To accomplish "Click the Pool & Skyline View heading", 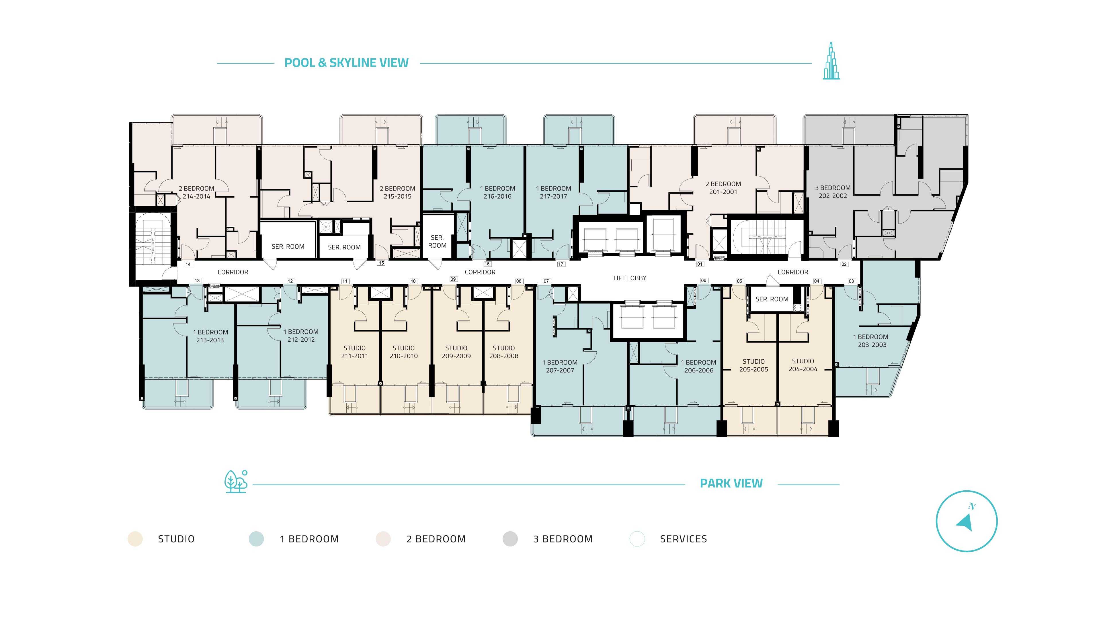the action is point(346,63).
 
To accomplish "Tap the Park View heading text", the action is point(731,483).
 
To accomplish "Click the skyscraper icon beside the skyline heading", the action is point(831,61).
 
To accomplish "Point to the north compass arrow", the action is point(965,522).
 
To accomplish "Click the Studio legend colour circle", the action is point(135,539).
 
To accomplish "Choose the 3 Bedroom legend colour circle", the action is point(510,539).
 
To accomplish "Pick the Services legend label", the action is point(684,539).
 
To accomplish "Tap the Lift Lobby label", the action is point(630,278).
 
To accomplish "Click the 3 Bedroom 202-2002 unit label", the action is point(833,192).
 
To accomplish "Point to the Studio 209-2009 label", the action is point(456,352).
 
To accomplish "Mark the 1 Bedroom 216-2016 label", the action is point(497,192).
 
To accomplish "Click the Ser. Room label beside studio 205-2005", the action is point(772,299).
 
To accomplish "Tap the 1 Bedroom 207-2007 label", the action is point(560,367).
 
